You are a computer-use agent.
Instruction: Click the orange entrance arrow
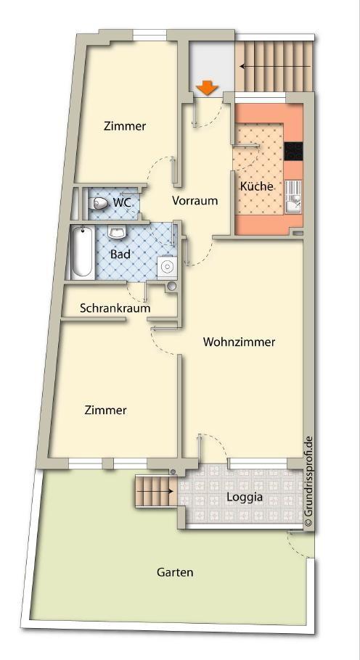pos(208,88)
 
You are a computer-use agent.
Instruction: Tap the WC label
pos(123,202)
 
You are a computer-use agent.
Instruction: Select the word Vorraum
pos(195,201)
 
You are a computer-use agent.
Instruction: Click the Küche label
pos(256,186)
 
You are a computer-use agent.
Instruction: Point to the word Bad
pos(120,255)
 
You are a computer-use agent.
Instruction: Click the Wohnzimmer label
pos(239,342)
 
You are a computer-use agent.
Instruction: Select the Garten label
pos(175,572)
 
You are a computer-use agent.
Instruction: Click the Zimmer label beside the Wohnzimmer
pos(105,411)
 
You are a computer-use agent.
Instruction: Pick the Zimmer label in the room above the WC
pos(125,126)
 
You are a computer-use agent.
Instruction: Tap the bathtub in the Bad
pos(81,252)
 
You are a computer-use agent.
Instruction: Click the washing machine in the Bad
pos(168,267)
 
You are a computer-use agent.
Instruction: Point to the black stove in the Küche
pos(293,151)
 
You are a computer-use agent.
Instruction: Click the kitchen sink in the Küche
pos(293,196)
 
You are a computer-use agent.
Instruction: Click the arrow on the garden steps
pos(154,491)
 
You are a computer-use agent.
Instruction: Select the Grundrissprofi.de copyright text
pos(308,482)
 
